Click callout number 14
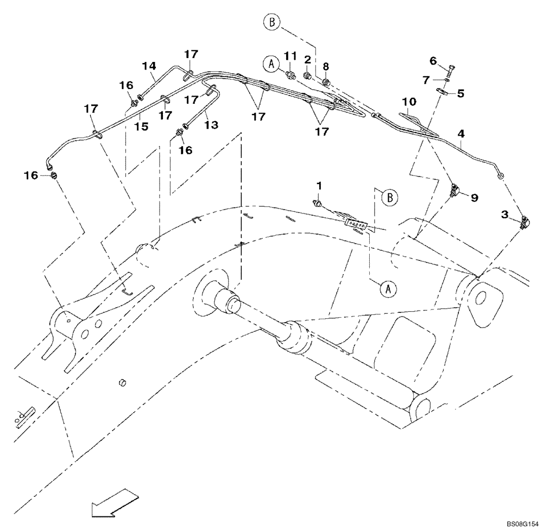(149, 66)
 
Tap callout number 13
(211, 125)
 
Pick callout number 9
(474, 198)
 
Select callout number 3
(504, 216)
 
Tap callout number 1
(319, 186)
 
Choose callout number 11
(291, 56)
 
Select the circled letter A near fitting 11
(270, 64)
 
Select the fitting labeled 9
(454, 191)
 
